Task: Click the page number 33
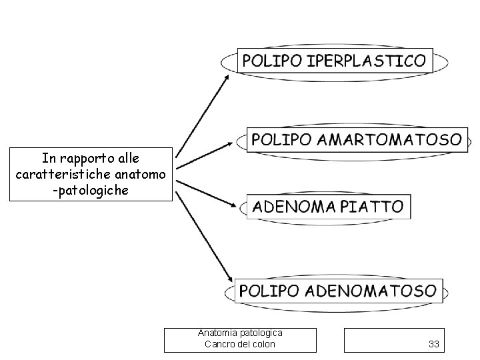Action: [434, 344]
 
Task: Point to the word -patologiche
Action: [92, 190]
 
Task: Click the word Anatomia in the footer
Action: [216, 333]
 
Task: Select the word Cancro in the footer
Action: [219, 344]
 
